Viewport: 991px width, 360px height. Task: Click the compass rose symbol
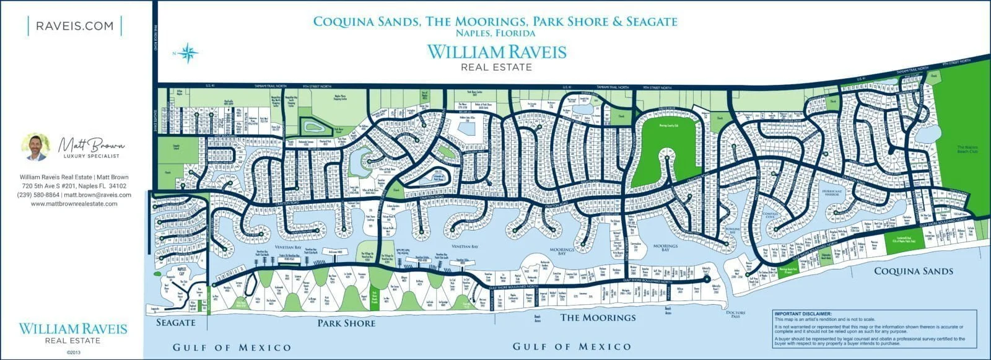190,53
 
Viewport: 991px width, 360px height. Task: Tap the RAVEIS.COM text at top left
75,26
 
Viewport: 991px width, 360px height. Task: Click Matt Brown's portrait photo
36,147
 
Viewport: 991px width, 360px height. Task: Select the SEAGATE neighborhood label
175,322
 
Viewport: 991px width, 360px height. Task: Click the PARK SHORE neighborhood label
346,323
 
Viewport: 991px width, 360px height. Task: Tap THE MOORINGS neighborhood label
598,318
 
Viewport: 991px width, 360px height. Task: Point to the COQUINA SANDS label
914,271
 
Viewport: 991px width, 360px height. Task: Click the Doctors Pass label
735,314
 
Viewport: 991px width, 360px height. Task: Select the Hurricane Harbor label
832,193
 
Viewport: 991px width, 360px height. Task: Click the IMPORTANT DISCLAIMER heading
798,314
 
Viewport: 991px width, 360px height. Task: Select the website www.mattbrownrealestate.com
74,204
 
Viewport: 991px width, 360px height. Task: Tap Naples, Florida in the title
495,32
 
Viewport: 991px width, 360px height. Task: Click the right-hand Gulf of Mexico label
572,346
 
